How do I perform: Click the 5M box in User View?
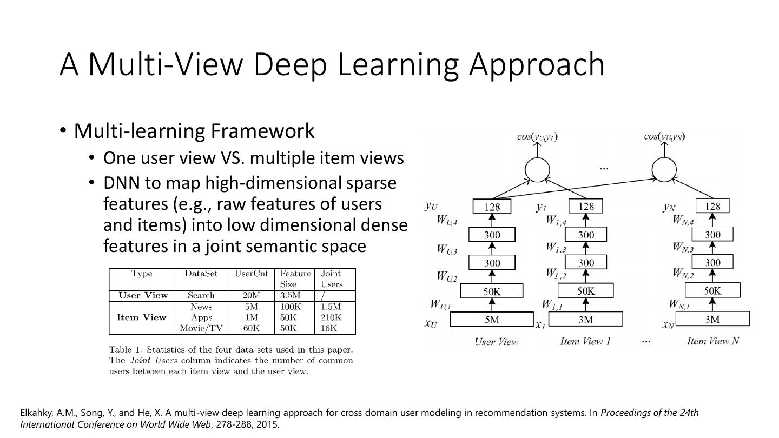coord(492,320)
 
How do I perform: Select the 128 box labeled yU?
coord(492,207)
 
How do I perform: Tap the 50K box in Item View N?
coord(712,291)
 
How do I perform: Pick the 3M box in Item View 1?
coord(586,320)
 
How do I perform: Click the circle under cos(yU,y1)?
coord(537,170)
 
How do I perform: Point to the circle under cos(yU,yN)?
coord(664,170)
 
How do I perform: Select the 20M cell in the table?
coord(251,295)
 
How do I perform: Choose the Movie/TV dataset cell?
coord(201,328)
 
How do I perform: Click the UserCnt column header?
coord(252,274)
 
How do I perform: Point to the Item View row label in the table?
coord(141,317)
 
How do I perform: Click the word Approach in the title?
coord(537,64)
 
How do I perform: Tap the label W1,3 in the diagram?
coord(555,248)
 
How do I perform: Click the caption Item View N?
coord(712,341)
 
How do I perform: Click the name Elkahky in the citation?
coord(37,413)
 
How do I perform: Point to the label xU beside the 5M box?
coord(431,323)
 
